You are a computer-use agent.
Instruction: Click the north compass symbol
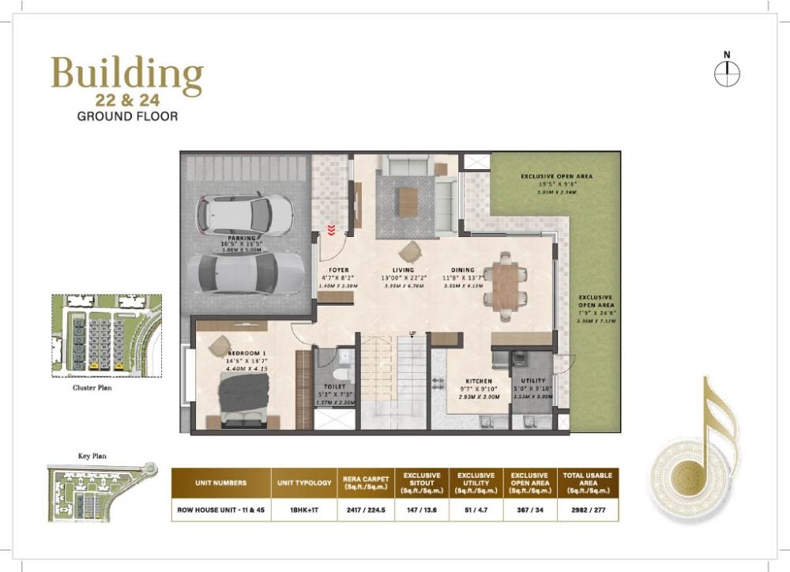[x=726, y=73]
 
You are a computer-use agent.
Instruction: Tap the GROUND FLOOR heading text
[x=127, y=116]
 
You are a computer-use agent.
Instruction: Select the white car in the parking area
[x=244, y=213]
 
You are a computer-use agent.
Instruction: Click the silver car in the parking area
[x=246, y=272]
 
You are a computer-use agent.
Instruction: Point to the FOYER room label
[x=339, y=270]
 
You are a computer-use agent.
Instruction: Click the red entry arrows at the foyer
[x=331, y=231]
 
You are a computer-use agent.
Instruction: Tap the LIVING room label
[x=403, y=270]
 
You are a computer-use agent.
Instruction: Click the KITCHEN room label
[x=479, y=381]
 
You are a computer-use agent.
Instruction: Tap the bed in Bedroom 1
[x=243, y=400]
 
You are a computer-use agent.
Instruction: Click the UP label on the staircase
[x=412, y=333]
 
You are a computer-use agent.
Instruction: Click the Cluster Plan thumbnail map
[x=106, y=334]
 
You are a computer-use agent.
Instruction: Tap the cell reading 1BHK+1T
[x=304, y=510]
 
